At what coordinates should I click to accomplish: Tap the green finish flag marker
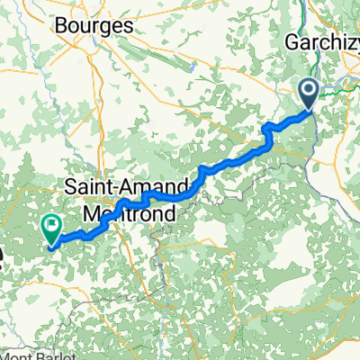(50, 229)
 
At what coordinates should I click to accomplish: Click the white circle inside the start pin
(308, 89)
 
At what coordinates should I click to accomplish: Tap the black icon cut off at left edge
(3, 261)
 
